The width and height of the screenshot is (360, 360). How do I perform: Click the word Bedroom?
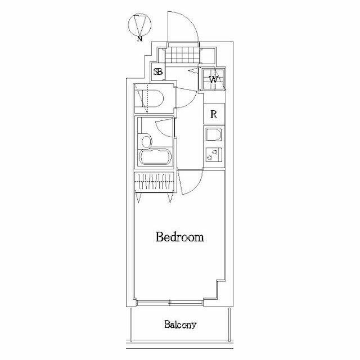coord(179,237)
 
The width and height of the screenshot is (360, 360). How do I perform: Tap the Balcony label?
coord(180,325)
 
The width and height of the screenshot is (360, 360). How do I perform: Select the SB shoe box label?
coord(159,72)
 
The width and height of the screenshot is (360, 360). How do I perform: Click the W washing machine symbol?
coord(213,79)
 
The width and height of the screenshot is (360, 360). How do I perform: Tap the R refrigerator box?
coord(214,114)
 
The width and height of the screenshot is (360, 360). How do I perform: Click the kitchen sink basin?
coord(213,135)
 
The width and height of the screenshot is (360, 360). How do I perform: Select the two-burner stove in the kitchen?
coord(213,155)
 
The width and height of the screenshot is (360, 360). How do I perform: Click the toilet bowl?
coord(155,99)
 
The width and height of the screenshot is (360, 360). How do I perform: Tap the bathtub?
coord(154,157)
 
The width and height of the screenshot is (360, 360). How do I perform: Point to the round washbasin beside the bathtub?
coord(146,141)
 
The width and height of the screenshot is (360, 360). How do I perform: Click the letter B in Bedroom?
coord(159,237)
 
